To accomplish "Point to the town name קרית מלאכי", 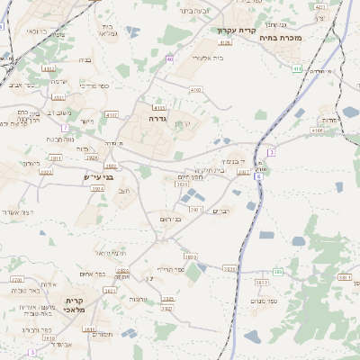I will (x=73, y=307).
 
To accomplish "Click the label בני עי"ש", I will (x=99, y=176).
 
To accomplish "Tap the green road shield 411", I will (x=297, y=68).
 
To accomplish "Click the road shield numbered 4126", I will (x=225, y=42).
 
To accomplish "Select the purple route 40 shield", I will (x=169, y=59).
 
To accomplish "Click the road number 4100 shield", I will (x=195, y=90).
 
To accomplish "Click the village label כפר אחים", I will (x=93, y=274).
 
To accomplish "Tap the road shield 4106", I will (x=317, y=130).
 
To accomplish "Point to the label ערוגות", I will (x=138, y=299).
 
